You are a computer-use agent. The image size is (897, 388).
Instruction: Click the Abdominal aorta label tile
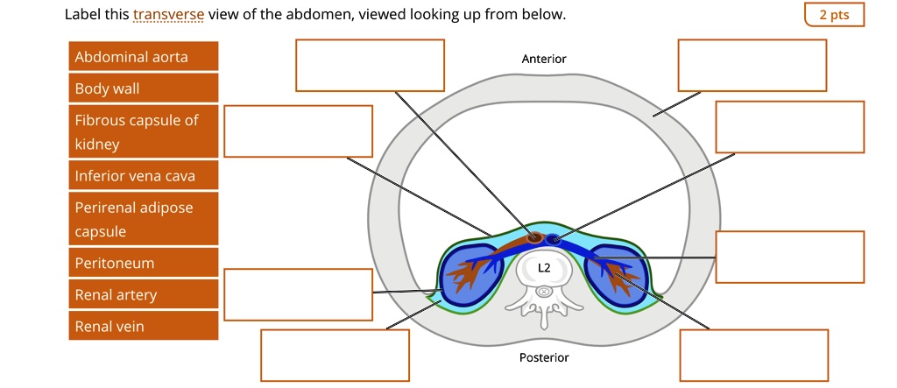[143, 58]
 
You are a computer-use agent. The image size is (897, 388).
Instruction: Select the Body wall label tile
[143, 88]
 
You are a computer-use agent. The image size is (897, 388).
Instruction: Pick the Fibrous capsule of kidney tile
[143, 131]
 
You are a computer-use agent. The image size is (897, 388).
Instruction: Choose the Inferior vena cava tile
[143, 176]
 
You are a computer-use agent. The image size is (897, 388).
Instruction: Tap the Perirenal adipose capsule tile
[143, 219]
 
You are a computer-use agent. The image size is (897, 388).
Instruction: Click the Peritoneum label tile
[143, 263]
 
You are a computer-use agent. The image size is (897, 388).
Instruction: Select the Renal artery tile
[143, 295]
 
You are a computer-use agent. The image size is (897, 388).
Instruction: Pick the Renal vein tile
[143, 327]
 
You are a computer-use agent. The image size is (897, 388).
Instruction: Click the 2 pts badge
[833, 15]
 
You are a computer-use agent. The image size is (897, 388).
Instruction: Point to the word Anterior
[543, 59]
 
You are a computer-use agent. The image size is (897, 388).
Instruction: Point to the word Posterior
[543, 357]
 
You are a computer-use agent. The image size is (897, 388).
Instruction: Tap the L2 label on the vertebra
[544, 267]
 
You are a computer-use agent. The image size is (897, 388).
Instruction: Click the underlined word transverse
[168, 15]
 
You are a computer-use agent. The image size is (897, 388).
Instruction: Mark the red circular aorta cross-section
[533, 236]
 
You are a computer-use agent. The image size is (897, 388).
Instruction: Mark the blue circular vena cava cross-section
[554, 238]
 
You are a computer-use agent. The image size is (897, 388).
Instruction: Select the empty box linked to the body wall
[752, 66]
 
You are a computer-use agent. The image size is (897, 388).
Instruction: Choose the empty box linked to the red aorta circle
[370, 66]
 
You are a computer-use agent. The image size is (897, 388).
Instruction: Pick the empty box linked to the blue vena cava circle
[789, 127]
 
